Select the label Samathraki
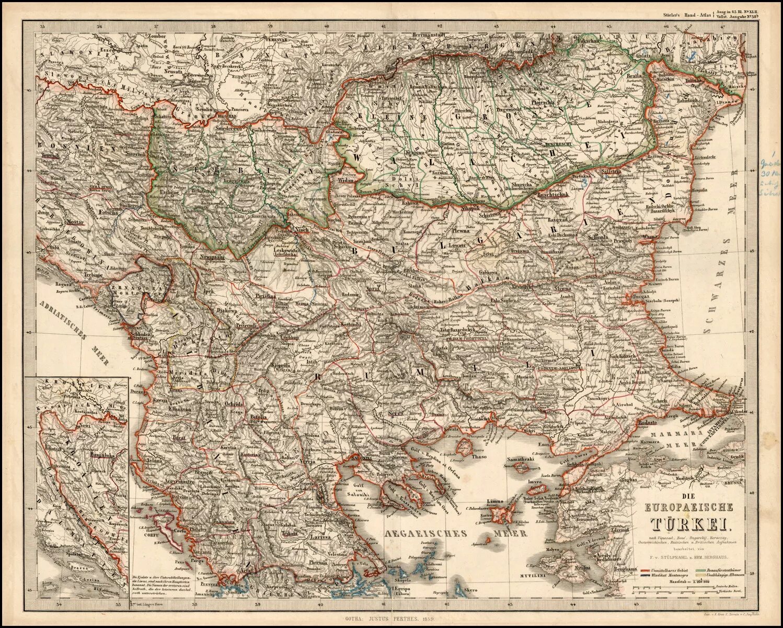[519, 460]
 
